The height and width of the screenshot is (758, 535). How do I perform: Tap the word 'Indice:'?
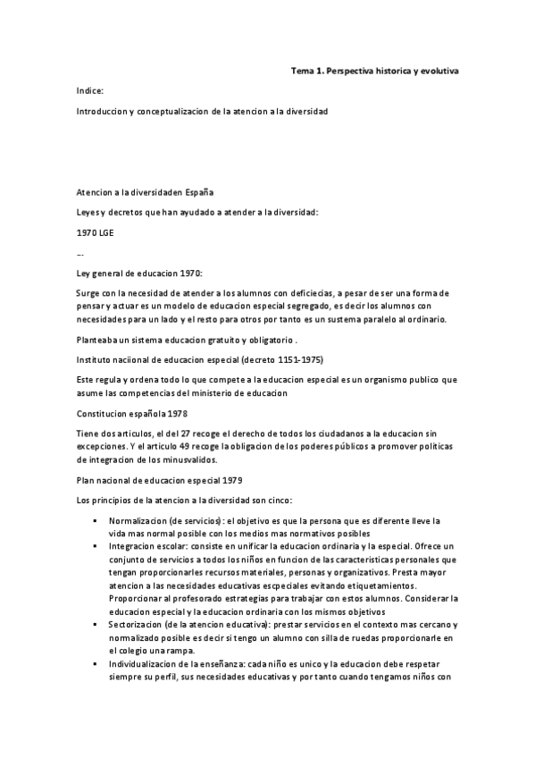click(x=90, y=90)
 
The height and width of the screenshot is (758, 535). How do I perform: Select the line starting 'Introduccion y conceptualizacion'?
click(x=203, y=111)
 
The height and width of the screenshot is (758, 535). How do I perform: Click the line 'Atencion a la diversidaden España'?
click(x=145, y=191)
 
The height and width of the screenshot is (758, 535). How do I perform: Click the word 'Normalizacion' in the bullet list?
click(x=137, y=519)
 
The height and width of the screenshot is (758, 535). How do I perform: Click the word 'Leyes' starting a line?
click(x=89, y=211)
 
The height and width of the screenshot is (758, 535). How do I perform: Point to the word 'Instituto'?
click(x=95, y=359)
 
